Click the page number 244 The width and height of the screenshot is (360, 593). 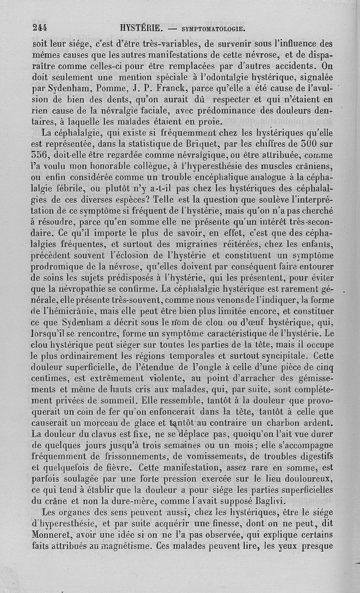tap(40, 28)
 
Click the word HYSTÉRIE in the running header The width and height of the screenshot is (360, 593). tap(141, 28)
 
